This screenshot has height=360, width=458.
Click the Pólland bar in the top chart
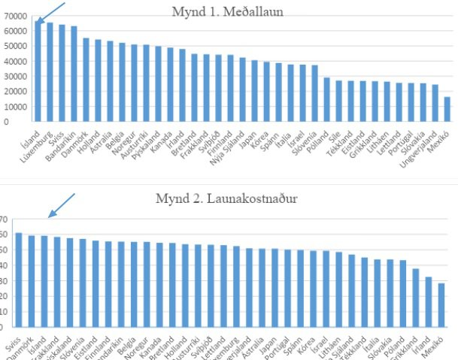click(x=327, y=98)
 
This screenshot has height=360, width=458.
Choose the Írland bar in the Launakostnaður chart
click(x=429, y=301)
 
